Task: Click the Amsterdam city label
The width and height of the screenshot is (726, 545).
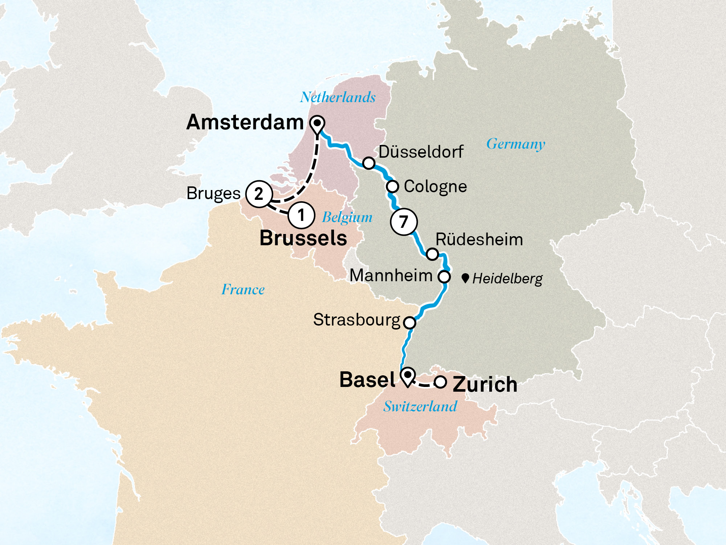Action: [245, 122]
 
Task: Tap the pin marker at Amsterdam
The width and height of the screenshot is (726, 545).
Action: [318, 124]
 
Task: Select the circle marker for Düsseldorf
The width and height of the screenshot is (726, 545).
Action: [369, 163]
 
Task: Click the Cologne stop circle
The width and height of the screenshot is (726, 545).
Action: [392, 186]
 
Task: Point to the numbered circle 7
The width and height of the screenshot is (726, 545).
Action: [404, 222]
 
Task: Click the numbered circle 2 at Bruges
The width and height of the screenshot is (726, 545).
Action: [259, 194]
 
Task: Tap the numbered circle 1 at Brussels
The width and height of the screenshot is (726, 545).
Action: [301, 215]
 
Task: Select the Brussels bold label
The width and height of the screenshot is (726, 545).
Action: [303, 238]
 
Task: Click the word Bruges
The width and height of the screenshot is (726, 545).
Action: [213, 194]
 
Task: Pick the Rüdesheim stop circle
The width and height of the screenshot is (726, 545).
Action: [432, 254]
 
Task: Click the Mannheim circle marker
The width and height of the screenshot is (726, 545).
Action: [444, 276]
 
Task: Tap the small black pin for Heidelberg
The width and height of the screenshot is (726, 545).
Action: [465, 279]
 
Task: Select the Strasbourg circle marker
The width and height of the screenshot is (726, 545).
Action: [410, 322]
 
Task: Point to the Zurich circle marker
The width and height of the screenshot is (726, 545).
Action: [440, 382]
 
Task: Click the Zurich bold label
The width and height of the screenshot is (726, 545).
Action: [485, 384]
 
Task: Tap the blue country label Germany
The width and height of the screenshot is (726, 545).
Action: [515, 144]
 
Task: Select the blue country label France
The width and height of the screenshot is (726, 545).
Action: [243, 290]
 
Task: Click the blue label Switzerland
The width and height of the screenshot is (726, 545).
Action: [420, 406]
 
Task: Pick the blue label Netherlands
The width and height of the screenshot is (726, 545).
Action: [338, 97]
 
